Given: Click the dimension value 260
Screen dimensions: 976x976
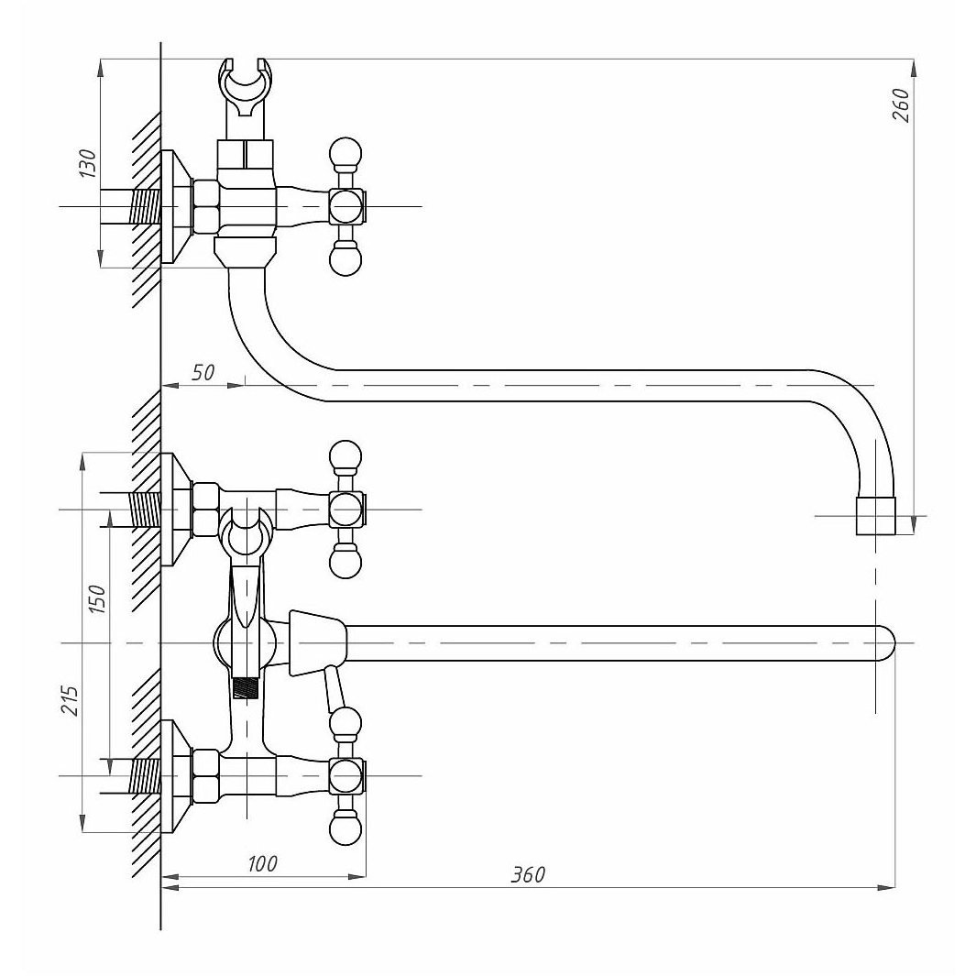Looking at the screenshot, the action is pos(901,105).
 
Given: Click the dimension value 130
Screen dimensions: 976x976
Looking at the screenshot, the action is pos(89,164).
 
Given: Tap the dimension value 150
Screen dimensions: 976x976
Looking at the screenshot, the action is pos(98,598).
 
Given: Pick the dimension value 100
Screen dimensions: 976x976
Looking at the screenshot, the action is pos(262,864).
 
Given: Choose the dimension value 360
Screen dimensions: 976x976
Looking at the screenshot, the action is pos(528,874).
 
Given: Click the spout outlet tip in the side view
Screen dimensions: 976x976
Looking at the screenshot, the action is pos(876,516).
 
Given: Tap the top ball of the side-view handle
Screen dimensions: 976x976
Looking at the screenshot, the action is pos(345,153).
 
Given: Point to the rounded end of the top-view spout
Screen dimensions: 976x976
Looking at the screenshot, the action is pos(885,642).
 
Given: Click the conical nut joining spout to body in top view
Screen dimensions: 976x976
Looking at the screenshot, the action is pos(317,642).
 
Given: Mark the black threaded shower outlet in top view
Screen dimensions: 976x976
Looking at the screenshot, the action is pos(246,689).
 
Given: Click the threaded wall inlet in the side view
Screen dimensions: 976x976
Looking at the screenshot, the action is pos(144,206).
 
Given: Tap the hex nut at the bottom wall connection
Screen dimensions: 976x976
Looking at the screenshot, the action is pos(206,775).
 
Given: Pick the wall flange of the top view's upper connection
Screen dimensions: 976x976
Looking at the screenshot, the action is pos(171,510).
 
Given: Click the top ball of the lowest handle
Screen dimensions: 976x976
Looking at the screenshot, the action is pos(345,723).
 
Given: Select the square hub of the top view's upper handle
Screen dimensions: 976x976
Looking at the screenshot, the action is pos(346,510).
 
